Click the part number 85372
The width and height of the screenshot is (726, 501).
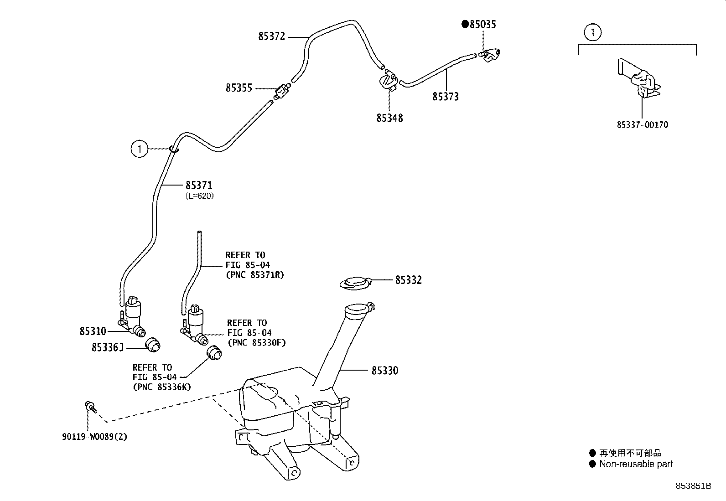[x=271, y=36]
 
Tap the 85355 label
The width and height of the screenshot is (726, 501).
[x=239, y=88]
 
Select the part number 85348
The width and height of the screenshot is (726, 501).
[x=389, y=118]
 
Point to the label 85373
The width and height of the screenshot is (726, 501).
[x=446, y=97]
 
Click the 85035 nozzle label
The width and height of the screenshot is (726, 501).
[x=482, y=24]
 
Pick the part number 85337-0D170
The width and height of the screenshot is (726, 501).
[x=643, y=125]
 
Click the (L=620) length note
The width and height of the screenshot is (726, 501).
[x=200, y=196]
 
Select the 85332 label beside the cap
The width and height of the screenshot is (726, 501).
[x=409, y=280]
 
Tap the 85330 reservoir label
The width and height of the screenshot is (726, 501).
[x=385, y=371]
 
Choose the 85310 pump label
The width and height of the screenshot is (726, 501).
[x=93, y=331]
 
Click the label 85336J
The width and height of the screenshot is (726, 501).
[x=108, y=347]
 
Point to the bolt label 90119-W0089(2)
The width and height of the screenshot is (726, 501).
[x=95, y=437]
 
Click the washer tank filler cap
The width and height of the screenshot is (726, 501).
[x=356, y=283]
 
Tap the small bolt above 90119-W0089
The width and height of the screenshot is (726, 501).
[x=90, y=407]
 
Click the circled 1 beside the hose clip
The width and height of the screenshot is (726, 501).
[x=140, y=149]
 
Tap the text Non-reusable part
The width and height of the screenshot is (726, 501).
[x=636, y=464]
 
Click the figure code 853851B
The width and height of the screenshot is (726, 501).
[x=694, y=486]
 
